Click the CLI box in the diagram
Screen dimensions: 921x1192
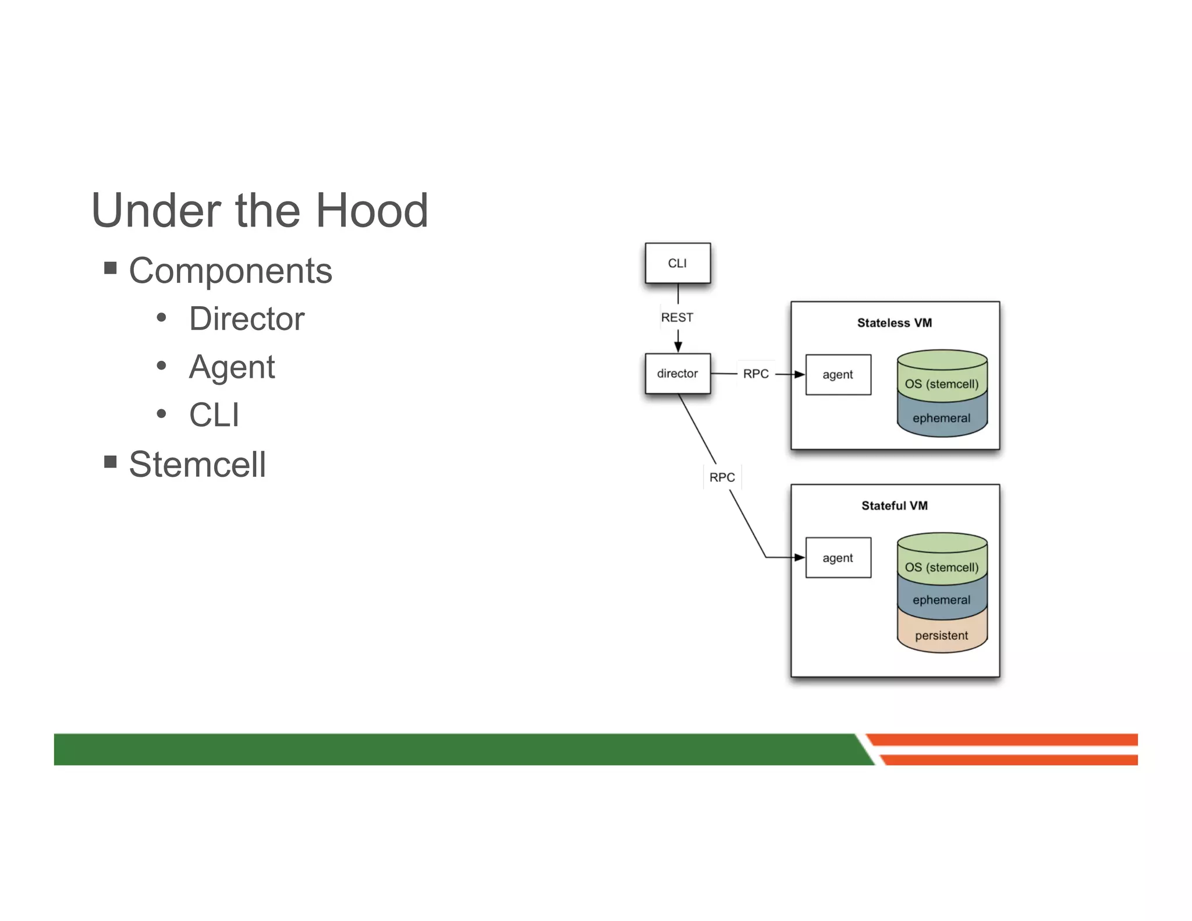[677, 263]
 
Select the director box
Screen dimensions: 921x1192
[677, 373]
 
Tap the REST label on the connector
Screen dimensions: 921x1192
[677, 317]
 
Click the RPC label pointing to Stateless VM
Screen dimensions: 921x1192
[755, 374]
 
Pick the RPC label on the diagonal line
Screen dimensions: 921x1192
[722, 477]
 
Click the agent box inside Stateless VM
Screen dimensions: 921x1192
[838, 375]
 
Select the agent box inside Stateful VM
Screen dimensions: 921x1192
[838, 558]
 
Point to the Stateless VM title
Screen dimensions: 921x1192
[894, 323]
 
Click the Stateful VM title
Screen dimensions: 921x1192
[894, 506]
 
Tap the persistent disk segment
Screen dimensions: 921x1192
[941, 635]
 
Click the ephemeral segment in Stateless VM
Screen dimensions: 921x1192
[941, 418]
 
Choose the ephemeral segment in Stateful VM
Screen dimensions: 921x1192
[941, 600]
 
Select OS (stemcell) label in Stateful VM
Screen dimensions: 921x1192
[941, 567]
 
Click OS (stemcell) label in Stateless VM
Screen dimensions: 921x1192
[941, 384]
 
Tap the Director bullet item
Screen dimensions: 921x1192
[246, 319]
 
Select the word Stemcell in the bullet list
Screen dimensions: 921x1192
[197, 465]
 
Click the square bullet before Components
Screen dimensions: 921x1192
[111, 268]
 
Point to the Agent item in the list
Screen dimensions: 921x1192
[232, 367]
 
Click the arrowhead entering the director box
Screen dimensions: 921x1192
[677, 347]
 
